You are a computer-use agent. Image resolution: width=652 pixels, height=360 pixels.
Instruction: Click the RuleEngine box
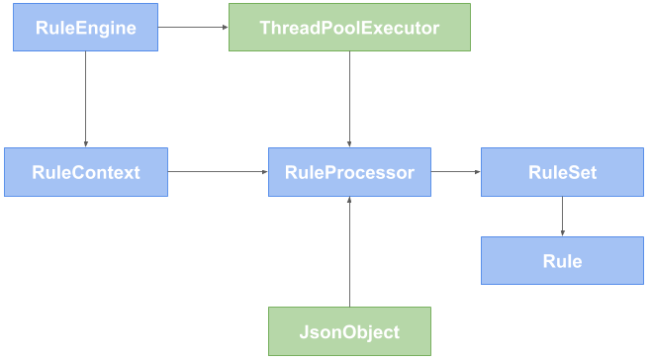coord(85,28)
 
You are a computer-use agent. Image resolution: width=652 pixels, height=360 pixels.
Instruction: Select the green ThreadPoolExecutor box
coord(349,28)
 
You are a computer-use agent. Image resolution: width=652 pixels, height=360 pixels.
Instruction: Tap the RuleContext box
coord(85,172)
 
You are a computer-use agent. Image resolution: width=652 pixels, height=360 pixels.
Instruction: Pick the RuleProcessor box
coord(349,172)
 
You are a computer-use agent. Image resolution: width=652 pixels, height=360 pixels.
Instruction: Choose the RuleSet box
coord(562,172)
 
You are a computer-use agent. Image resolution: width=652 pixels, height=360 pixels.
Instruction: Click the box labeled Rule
coord(562,261)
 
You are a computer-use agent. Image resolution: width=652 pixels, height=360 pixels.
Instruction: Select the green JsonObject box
coord(349,331)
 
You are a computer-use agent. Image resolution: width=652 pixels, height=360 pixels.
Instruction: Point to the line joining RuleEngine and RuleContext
coord(85,99)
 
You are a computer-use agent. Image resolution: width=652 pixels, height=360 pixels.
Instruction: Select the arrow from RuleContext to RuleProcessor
coord(218,172)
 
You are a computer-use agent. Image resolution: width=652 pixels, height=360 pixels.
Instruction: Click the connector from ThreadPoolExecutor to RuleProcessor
coord(349,99)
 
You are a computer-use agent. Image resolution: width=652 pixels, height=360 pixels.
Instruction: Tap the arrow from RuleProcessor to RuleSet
coord(455,172)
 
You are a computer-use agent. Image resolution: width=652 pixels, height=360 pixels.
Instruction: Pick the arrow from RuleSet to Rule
coord(562,216)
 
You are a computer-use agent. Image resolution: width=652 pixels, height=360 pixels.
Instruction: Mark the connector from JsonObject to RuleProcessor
coord(349,252)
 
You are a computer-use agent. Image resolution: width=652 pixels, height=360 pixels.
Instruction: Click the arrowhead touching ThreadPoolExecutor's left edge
coord(225,28)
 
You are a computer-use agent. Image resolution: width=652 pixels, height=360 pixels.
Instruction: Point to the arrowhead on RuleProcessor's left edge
coord(265,172)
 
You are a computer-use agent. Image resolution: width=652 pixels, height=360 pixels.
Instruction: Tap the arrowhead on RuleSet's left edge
coord(477,172)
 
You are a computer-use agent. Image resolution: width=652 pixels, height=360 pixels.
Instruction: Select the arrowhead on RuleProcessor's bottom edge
coord(349,201)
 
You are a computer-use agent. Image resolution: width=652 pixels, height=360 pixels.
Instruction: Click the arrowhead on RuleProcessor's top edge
coord(349,144)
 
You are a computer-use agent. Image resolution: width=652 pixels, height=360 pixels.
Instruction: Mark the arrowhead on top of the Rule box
coord(562,232)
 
